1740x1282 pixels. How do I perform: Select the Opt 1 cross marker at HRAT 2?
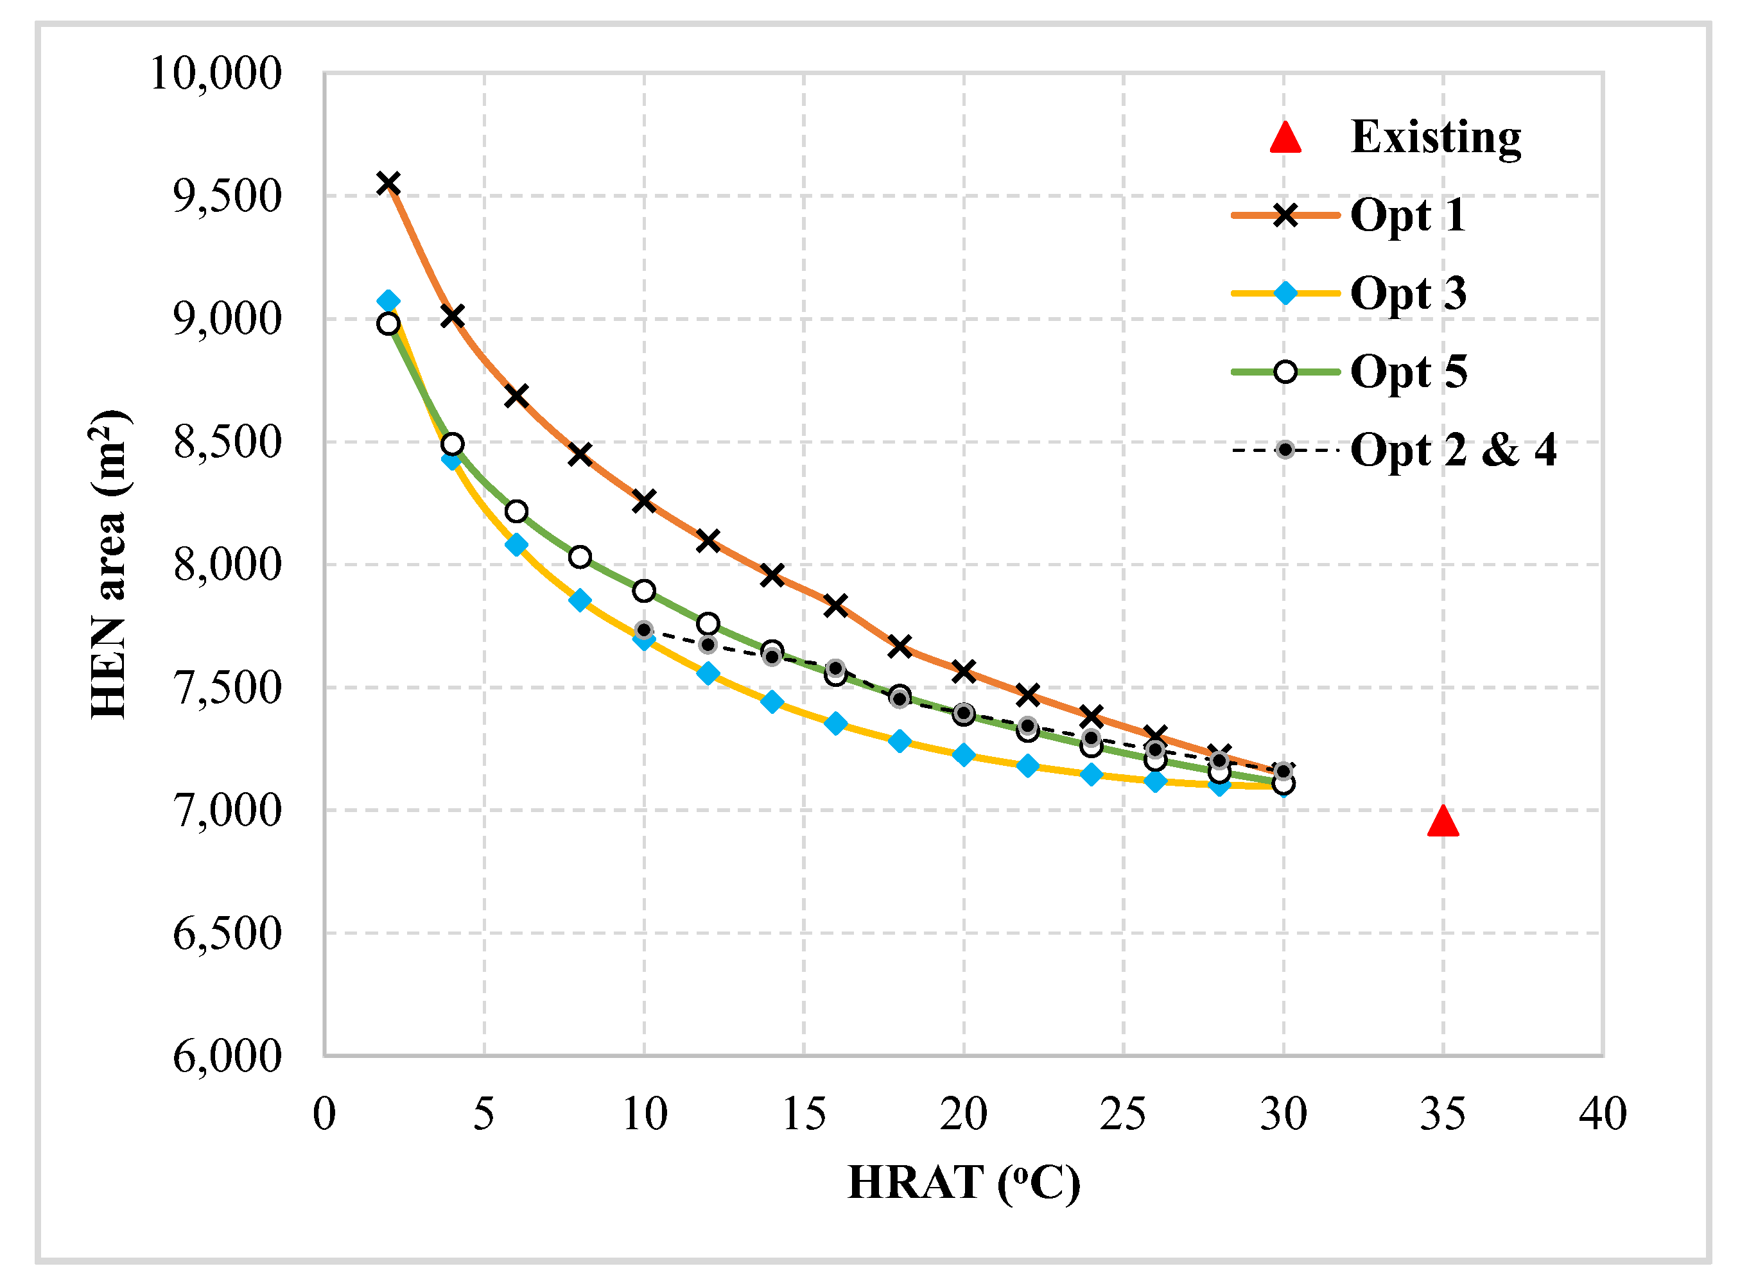[388, 183]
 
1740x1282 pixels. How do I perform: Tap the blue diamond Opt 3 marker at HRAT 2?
[388, 300]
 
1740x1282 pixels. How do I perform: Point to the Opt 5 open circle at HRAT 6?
[516, 512]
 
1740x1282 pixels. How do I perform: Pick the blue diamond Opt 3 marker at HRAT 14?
[771, 702]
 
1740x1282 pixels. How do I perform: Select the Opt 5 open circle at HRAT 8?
[580, 557]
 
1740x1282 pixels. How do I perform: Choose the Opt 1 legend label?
[1408, 215]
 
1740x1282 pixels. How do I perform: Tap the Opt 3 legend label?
[1408, 293]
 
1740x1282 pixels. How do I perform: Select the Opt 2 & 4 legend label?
[1453, 449]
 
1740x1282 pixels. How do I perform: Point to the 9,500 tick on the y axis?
[226, 196]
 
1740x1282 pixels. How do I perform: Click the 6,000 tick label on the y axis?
[226, 1055]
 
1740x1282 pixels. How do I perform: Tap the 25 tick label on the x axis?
[1122, 1114]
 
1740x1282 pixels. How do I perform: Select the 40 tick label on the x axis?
[1602, 1114]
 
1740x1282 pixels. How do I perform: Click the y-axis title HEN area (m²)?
[109, 564]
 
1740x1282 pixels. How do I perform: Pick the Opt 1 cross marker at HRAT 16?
[835, 605]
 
